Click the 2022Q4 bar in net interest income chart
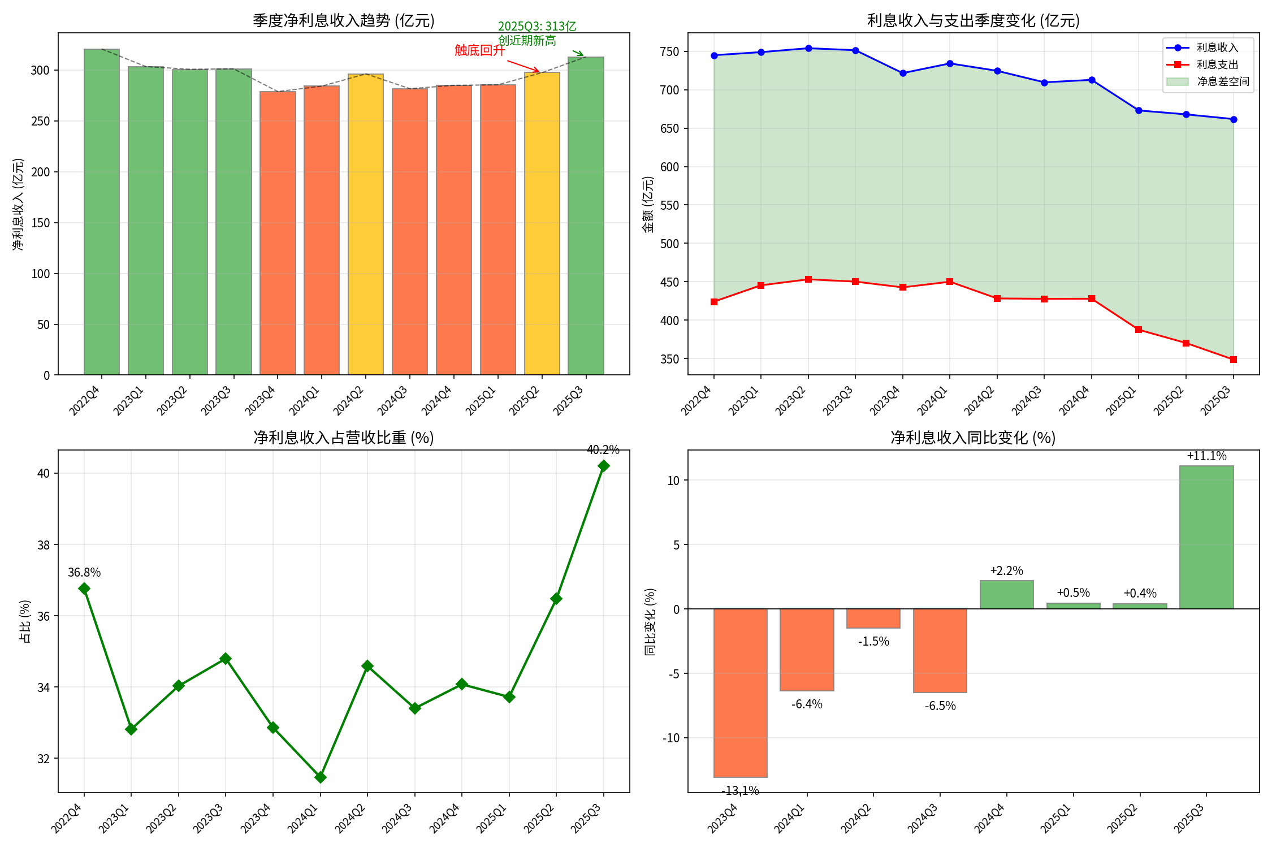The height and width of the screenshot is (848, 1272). pos(102,212)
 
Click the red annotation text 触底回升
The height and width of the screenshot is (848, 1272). pos(479,50)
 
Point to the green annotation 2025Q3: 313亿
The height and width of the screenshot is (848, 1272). pos(537,27)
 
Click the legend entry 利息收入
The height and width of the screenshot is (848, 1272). pos(1217,48)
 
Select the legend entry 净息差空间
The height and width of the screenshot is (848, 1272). pos(1223,81)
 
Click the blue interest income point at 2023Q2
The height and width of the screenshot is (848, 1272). pos(808,49)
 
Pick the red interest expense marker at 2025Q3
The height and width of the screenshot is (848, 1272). pos(1234,360)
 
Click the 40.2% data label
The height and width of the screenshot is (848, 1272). pos(603,450)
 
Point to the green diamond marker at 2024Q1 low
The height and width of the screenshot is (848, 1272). pos(321,777)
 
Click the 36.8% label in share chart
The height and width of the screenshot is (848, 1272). pos(84,573)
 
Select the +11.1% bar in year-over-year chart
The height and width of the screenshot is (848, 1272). pos(1206,537)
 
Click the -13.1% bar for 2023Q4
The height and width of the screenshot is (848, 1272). pos(740,693)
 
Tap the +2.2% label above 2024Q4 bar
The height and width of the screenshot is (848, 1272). pos(1006,571)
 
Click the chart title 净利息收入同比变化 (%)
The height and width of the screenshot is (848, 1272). pos(973,438)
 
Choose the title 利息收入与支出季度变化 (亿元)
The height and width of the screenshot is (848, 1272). pos(973,21)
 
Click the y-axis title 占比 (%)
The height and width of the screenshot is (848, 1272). pos(25,621)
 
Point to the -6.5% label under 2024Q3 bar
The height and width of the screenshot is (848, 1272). pos(940,706)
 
